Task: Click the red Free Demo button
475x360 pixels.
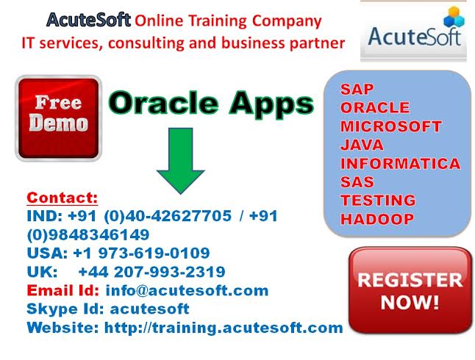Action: point(59,118)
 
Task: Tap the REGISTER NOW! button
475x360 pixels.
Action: point(410,290)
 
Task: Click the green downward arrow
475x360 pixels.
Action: point(181,161)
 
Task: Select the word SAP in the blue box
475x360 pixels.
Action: point(357,89)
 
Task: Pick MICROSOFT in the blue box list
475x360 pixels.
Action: point(390,126)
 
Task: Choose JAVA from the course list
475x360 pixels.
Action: point(362,145)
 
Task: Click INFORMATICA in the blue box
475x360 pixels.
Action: point(401,164)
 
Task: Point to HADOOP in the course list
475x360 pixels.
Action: point(377,219)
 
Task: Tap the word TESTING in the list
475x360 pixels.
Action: point(378,201)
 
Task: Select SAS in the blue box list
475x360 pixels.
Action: point(357,182)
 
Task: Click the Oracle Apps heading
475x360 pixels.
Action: point(211,104)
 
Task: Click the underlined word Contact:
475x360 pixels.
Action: point(63,198)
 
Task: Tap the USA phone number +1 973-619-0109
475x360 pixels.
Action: point(141,253)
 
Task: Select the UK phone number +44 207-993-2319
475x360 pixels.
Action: point(151,272)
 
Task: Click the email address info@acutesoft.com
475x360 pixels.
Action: point(187,291)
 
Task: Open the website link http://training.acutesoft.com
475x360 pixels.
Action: point(224,328)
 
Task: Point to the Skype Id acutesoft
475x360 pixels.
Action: point(150,309)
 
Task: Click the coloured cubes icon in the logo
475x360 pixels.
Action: point(454,17)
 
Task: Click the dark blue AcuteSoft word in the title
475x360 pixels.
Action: point(89,21)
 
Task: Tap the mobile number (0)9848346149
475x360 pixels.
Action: point(88,234)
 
